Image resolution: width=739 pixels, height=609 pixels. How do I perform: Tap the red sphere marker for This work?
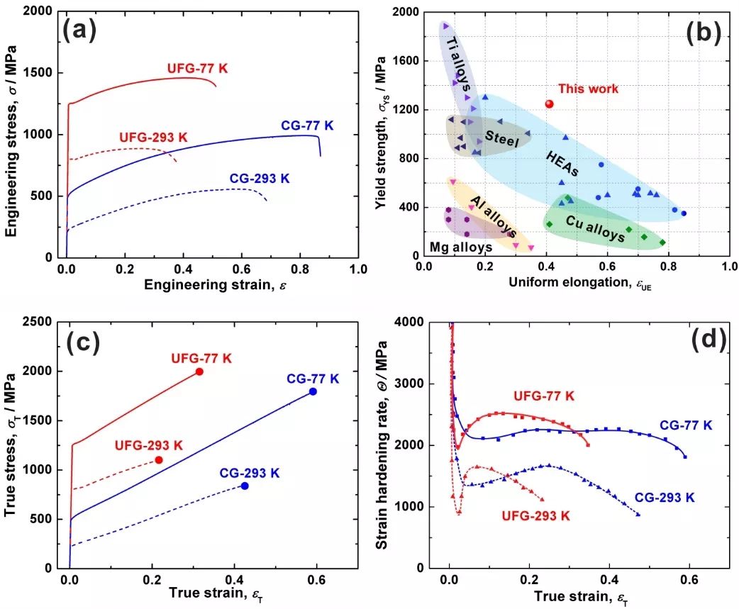point(549,104)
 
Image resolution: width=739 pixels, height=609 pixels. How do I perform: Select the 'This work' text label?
point(588,89)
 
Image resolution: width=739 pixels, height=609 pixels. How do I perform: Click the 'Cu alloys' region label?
point(595,228)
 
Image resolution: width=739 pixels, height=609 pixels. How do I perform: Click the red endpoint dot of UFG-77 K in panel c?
point(199,371)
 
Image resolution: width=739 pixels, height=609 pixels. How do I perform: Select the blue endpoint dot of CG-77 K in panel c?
point(313,391)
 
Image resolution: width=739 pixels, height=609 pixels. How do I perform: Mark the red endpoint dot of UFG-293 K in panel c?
point(159,460)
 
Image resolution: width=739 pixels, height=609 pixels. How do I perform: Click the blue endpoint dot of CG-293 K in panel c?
point(245,486)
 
